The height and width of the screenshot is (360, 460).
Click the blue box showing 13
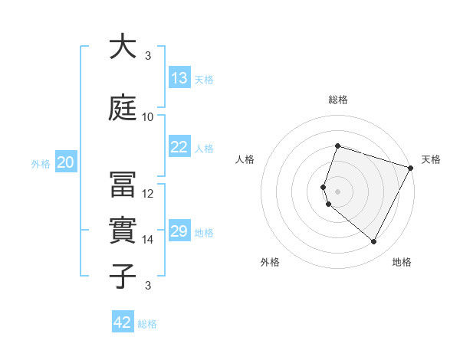coord(179,78)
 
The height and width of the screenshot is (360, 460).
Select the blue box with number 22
coord(179,147)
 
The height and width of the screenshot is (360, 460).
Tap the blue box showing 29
coord(179,231)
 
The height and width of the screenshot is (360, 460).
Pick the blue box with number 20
coord(65,162)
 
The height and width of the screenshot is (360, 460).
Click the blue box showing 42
coord(123,322)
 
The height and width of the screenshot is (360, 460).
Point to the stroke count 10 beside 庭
coord(148,117)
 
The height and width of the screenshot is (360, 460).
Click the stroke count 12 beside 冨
coord(148,194)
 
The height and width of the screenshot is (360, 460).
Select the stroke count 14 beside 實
coord(148,240)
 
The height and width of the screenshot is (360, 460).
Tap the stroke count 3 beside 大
coord(148,56)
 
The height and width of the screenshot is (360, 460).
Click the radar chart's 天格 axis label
coord(431,159)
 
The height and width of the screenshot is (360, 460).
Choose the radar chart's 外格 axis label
coord(270,262)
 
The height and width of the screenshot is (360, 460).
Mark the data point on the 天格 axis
coord(412,168)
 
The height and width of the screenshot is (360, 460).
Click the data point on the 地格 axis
coord(374,242)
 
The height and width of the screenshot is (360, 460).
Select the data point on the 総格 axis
coord(337,146)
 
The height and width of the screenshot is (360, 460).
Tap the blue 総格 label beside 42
coord(147,324)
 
